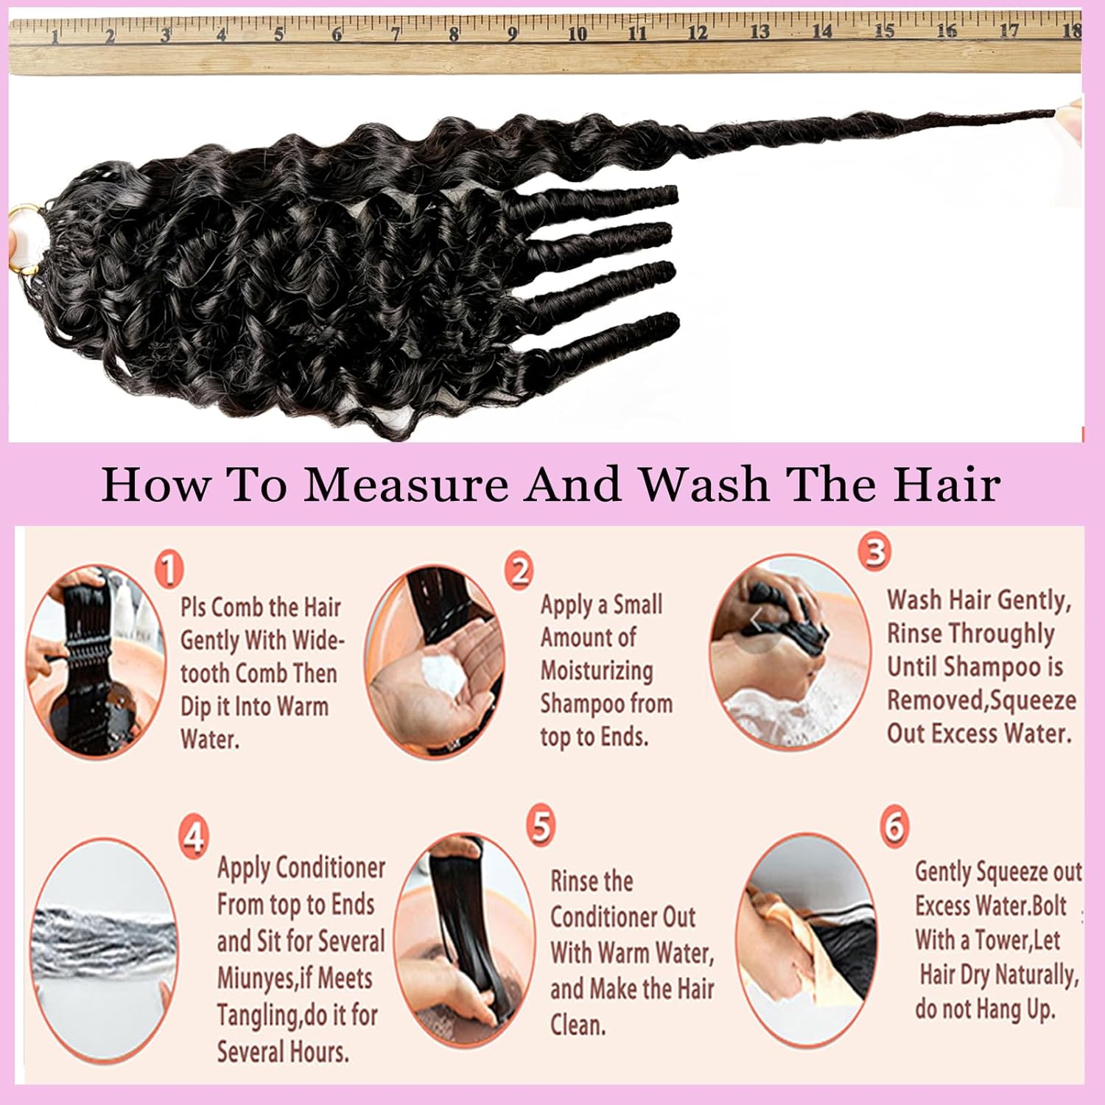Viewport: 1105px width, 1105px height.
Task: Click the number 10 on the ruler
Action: coord(577,33)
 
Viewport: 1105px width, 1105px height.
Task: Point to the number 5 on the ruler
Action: coord(278,34)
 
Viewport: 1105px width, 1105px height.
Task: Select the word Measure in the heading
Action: coord(406,485)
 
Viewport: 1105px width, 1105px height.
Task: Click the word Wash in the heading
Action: coord(704,485)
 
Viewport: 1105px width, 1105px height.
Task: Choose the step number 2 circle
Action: coord(520,571)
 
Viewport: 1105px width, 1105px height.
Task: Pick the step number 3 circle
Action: coord(874,552)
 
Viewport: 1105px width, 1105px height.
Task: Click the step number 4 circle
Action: coord(193,838)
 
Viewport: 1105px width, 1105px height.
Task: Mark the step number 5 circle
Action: coord(541,826)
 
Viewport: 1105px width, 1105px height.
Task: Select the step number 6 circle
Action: coord(894,827)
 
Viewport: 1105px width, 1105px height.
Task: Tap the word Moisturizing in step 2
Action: coord(597,670)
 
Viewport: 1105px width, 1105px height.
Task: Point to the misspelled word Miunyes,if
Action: coord(295,978)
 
